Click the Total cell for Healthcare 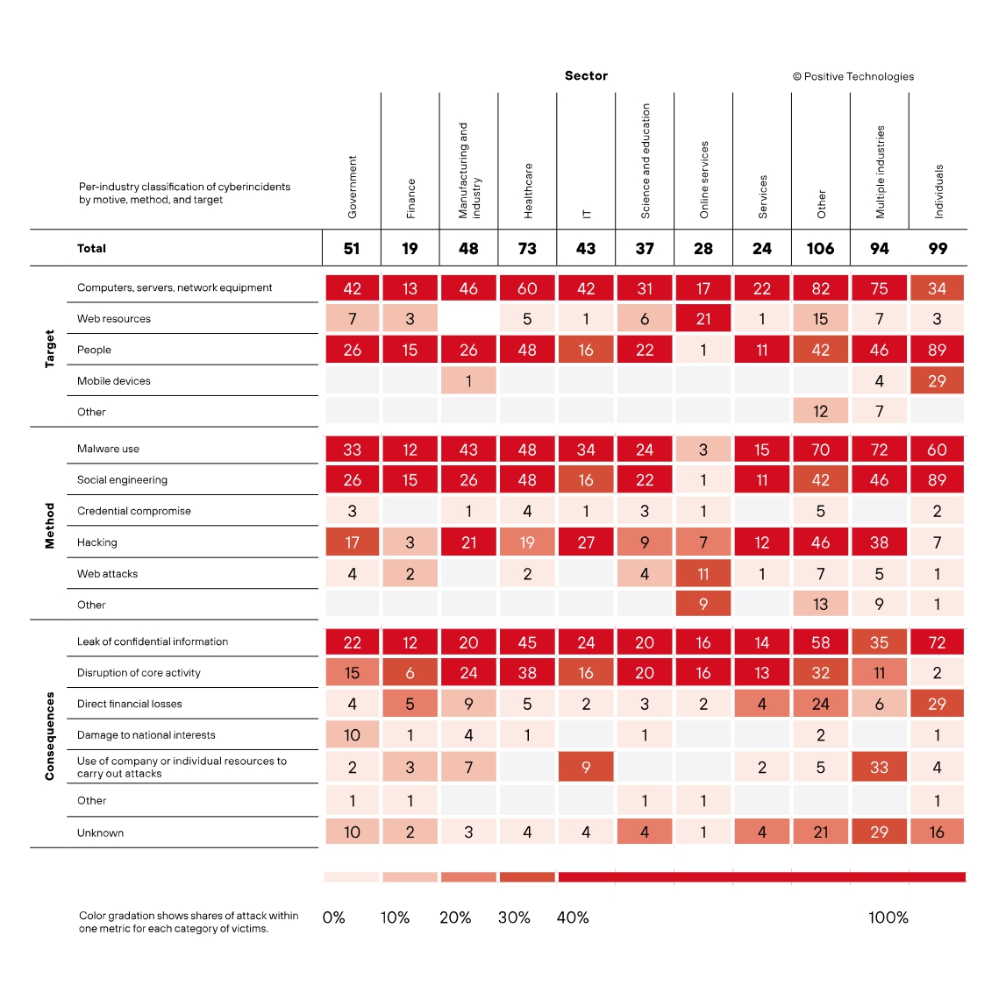coord(527,249)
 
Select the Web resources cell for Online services coord(703,319)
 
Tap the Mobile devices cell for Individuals coord(937,381)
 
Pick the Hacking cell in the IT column coord(586,542)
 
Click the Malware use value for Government coord(352,450)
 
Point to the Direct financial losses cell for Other coord(820,704)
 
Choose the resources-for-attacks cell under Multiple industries coord(879,767)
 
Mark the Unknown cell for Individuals coord(937,832)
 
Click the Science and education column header coord(646,161)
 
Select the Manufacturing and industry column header coord(469,170)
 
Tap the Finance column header coord(411,198)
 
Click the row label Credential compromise coord(134,511)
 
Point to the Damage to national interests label coord(146,735)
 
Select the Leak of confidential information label coord(153,641)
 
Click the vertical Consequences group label coord(50,735)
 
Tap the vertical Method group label coord(50,526)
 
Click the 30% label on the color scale coord(514,918)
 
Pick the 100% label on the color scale coord(888,918)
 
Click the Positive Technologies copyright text coord(853,76)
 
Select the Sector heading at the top coord(586,76)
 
